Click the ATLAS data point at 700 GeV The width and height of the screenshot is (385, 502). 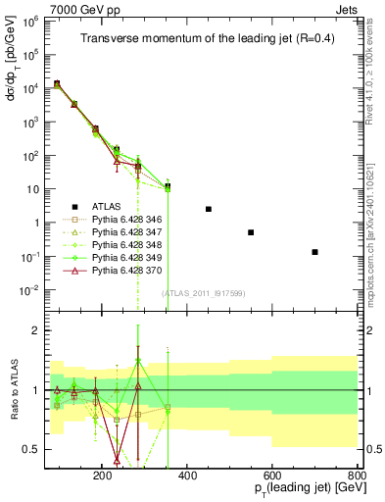[314, 252]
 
